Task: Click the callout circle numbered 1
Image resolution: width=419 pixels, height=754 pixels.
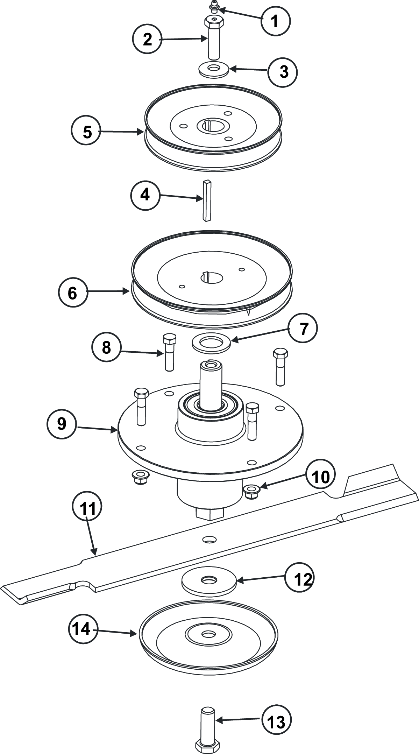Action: point(275,21)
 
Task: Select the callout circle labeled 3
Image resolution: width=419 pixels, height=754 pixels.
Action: point(283,72)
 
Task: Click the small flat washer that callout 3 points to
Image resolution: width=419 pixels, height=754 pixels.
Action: point(213,69)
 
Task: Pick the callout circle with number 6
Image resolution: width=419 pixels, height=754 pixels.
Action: point(72,293)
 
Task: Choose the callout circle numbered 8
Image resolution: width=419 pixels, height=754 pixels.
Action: point(106,347)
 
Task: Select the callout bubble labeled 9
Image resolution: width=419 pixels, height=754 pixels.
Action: point(62,424)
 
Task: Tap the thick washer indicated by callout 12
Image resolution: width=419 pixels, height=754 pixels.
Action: point(209,580)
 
